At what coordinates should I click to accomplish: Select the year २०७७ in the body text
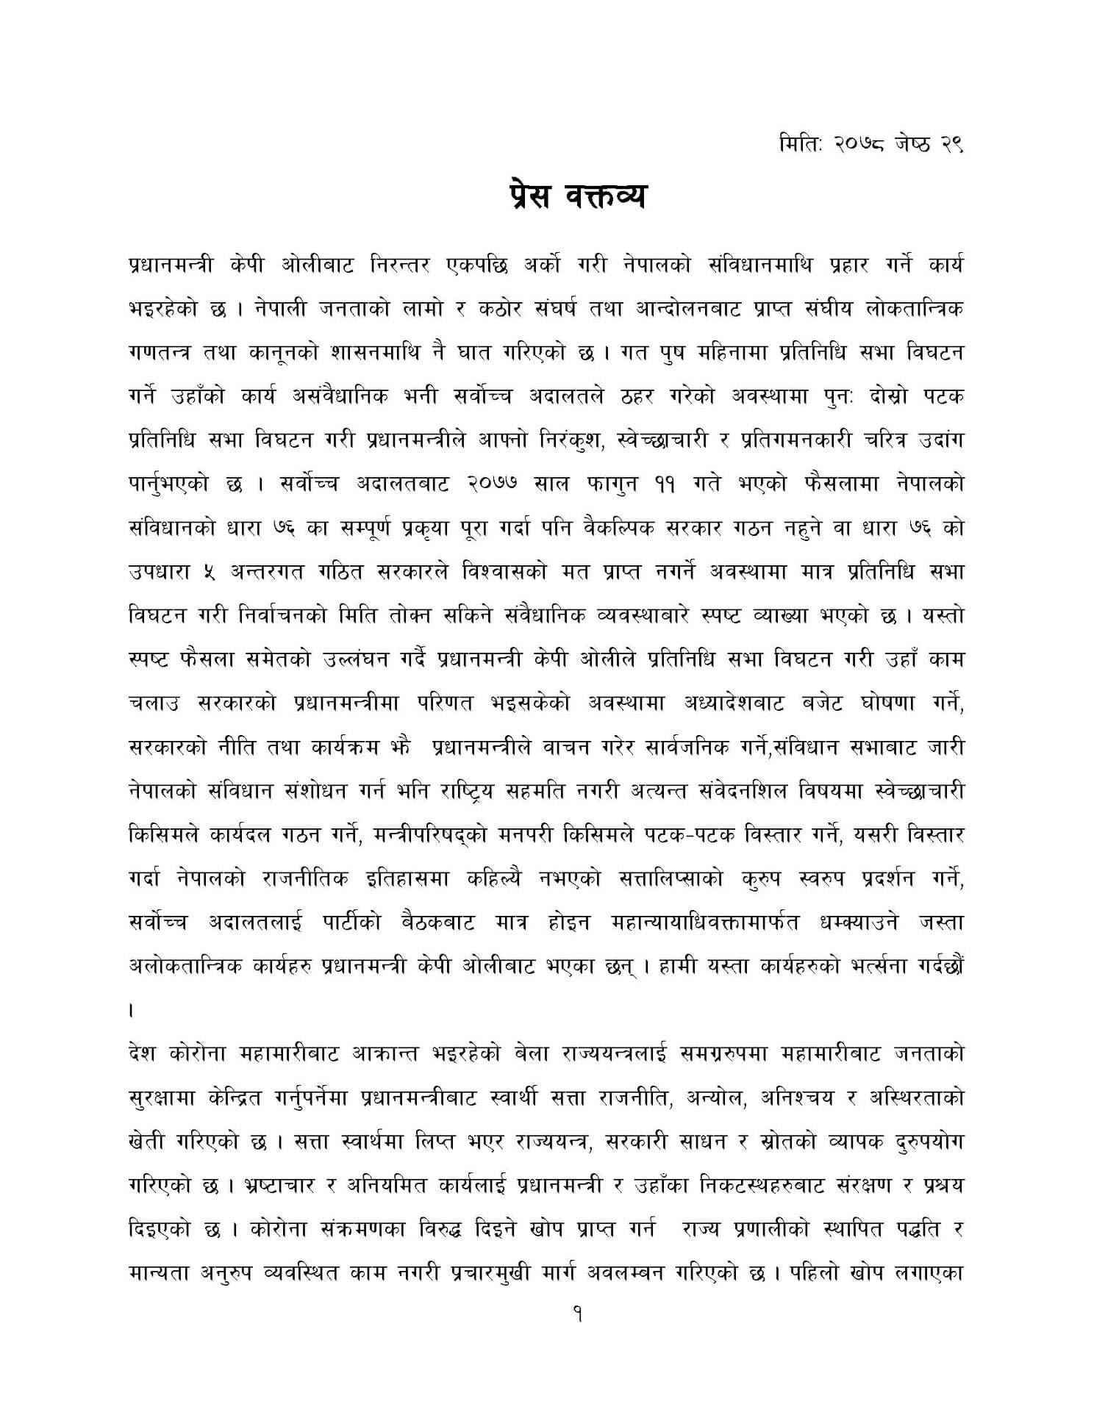(494, 484)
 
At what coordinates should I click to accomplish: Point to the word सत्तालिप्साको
(674, 879)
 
